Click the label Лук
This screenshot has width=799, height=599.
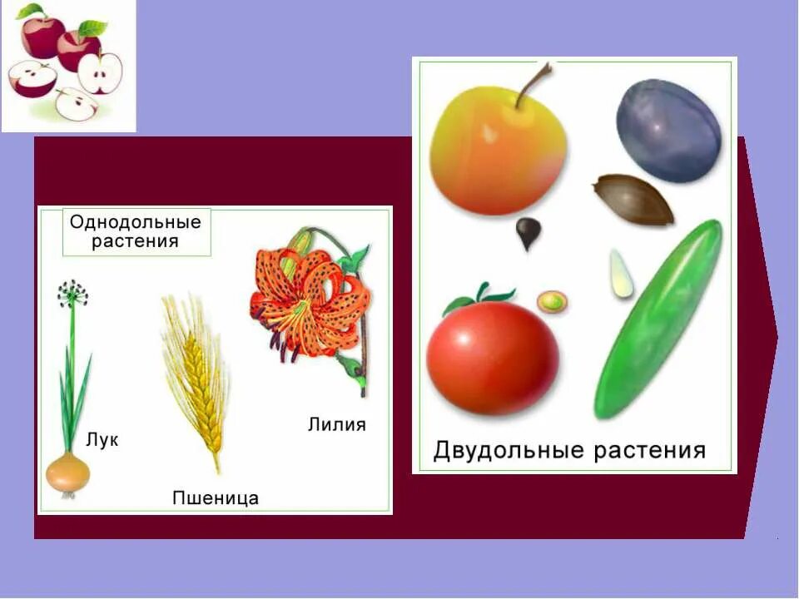[102, 440]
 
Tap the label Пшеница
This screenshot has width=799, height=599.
[215, 498]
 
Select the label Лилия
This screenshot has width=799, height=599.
[336, 424]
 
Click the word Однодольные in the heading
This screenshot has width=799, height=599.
[136, 223]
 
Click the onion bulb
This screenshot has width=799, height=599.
[67, 473]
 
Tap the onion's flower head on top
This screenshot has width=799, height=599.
[72, 293]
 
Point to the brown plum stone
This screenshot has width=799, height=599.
[633, 200]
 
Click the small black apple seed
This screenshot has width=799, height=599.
[528, 232]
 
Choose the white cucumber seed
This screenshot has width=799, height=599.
[619, 274]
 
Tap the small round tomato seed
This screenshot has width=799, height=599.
[551, 301]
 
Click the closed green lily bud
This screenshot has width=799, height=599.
[300, 243]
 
